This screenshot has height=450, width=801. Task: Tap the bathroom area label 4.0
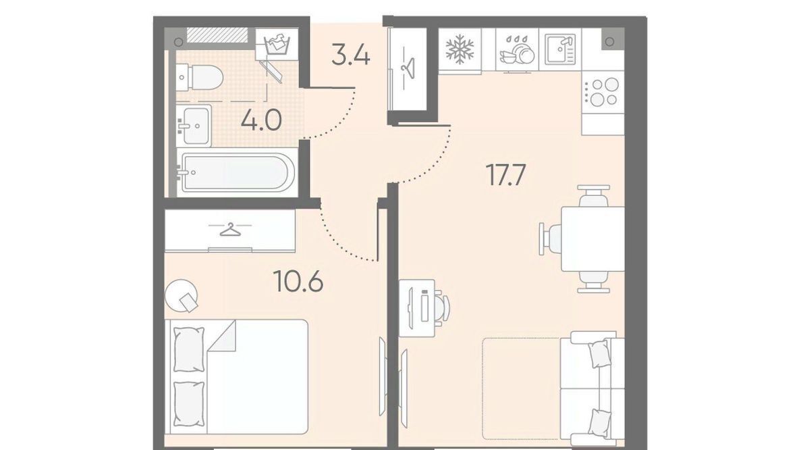click(x=261, y=121)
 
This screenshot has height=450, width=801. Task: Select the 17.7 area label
click(x=505, y=176)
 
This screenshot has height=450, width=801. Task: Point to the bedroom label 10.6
click(x=299, y=280)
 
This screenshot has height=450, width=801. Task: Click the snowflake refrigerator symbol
click(x=460, y=49)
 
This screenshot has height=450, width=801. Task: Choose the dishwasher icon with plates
click(x=517, y=49)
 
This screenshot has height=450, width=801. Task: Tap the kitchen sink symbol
click(x=560, y=49)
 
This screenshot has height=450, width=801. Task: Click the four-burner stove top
click(x=603, y=92)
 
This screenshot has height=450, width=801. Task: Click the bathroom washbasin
click(x=194, y=126)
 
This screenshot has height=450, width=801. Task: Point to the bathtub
click(x=236, y=172)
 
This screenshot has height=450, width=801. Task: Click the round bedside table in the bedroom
click(x=182, y=295)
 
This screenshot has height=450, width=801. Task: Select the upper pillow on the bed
click(x=189, y=349)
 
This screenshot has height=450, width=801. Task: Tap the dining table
click(x=592, y=239)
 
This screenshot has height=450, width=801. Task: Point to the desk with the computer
click(x=416, y=308)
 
